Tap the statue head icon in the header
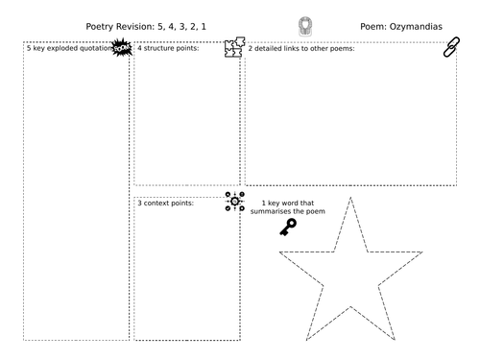(304, 27)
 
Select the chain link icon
(451, 48)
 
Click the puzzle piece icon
(233, 48)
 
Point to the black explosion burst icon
(121, 47)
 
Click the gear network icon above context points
(233, 202)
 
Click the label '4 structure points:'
(169, 47)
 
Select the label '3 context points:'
(166, 204)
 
